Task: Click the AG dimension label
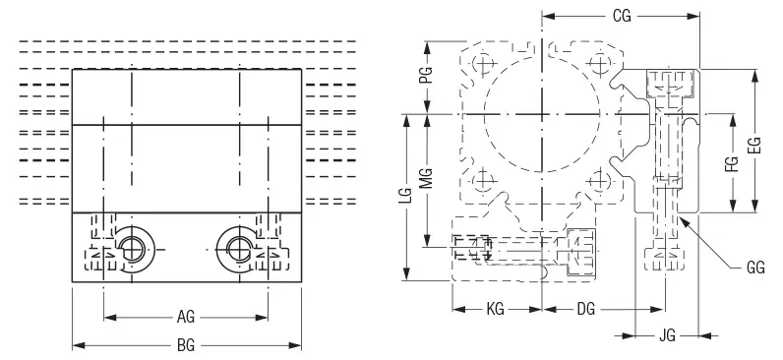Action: point(186,317)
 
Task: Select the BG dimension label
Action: point(186,345)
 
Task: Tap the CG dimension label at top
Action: point(622,17)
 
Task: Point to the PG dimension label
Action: point(426,75)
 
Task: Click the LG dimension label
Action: point(407,196)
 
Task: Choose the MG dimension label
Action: point(426,178)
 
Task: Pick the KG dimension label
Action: point(496,310)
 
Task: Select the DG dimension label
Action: point(585,310)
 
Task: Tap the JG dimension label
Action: point(667,336)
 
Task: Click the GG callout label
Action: point(755,269)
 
